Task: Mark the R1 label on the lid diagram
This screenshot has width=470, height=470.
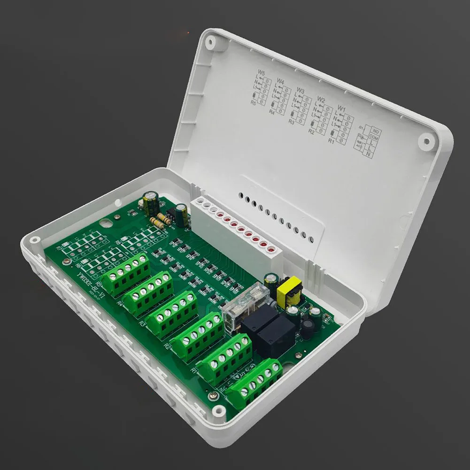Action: pos(331,140)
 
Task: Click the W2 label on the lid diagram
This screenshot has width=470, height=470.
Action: pos(321,99)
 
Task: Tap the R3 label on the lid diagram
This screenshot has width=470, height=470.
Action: pos(292,122)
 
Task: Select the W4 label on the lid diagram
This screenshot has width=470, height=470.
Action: pos(280,82)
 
